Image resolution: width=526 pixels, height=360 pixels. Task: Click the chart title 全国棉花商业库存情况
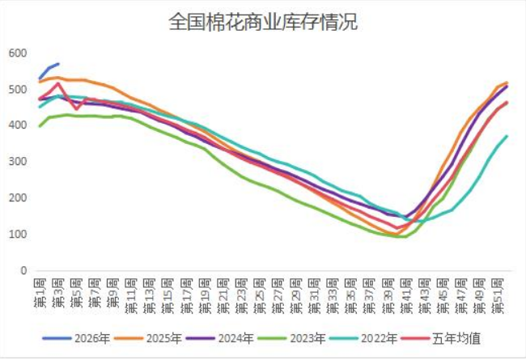pos(263,22)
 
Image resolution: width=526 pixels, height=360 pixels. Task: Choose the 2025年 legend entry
pos(168,338)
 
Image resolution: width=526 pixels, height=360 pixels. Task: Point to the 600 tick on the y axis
pos(18,53)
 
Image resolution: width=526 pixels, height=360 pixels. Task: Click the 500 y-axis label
pos(18,89)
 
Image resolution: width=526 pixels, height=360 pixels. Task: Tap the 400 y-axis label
pos(18,125)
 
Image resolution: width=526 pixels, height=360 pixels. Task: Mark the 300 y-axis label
pos(18,162)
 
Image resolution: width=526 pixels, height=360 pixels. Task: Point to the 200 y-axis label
pos(18,198)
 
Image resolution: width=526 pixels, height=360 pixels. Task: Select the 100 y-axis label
pos(18,235)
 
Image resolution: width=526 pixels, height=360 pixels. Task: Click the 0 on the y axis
pos(23,271)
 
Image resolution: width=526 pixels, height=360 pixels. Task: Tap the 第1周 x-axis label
pos(40,291)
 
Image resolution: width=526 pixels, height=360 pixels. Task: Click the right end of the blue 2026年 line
pos(58,63)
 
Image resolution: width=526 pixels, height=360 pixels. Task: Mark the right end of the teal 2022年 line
pos(507,136)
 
